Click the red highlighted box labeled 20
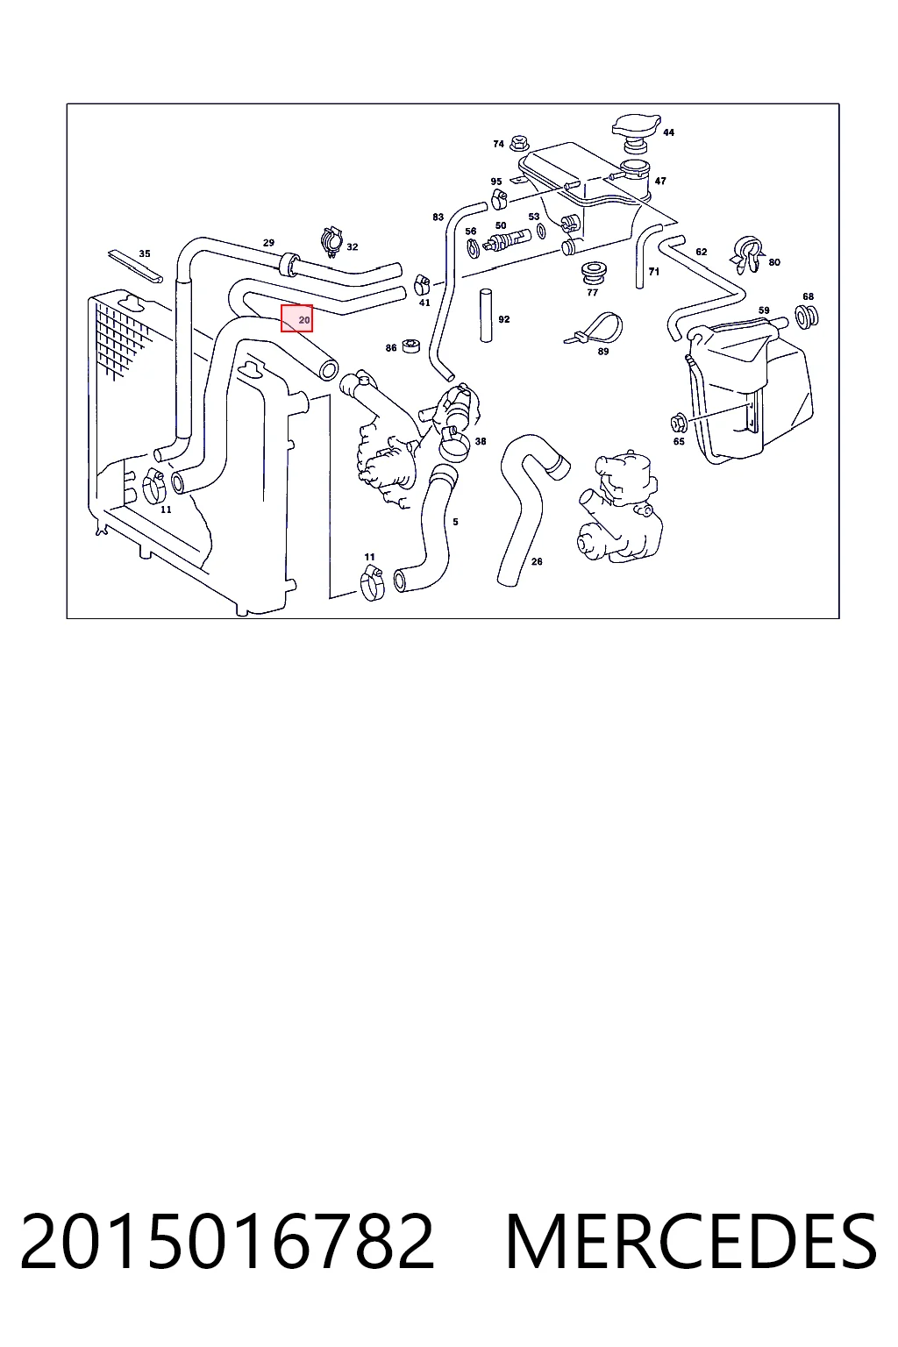tap(296, 318)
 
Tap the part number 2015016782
tap(227, 1242)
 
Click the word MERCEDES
tap(691, 1242)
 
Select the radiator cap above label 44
tap(636, 132)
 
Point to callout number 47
tap(660, 181)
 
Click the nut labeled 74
tap(517, 145)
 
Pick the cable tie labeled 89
tap(595, 328)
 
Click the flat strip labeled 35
tap(135, 266)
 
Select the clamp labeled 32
tap(331, 242)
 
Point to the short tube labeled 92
tap(485, 316)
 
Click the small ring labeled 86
tap(410, 346)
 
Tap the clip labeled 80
tap(748, 254)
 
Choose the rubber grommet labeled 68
tap(807, 317)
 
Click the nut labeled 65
tap(679, 423)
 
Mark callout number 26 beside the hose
tap(537, 561)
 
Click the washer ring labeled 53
tap(540, 232)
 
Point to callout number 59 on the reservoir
tap(763, 310)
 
